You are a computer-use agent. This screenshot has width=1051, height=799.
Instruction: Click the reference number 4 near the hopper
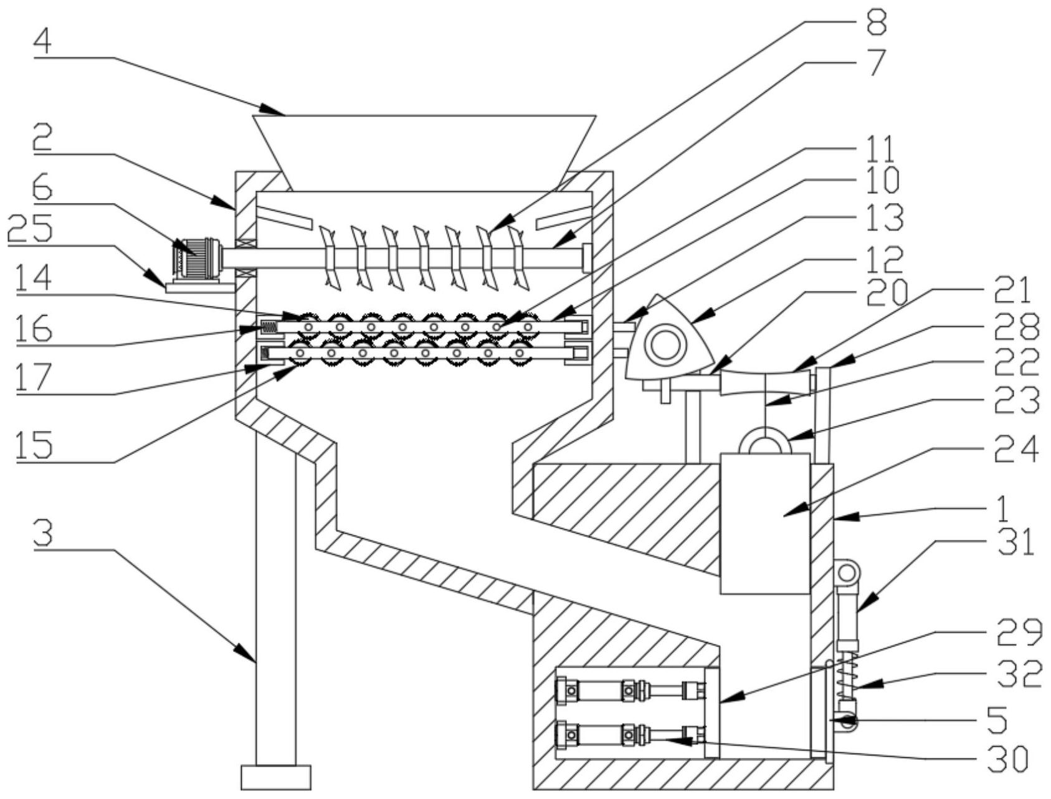point(43,42)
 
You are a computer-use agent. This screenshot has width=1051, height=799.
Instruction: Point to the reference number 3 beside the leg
point(43,534)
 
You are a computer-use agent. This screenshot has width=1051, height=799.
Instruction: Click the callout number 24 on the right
point(1016,450)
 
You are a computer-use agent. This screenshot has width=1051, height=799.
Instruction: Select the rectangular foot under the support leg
point(276,777)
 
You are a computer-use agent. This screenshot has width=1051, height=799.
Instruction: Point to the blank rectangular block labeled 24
point(764,523)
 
